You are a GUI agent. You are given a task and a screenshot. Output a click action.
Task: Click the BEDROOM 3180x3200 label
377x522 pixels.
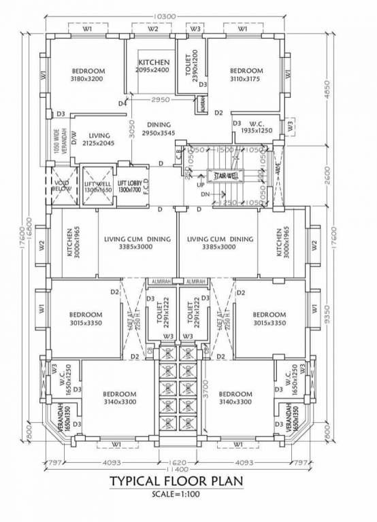tap(88, 74)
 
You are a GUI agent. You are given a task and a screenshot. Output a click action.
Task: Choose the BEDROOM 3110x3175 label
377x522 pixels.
tap(246, 74)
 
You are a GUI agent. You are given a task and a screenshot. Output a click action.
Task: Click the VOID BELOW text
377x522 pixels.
tap(62, 186)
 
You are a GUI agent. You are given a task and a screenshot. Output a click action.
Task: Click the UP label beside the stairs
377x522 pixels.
tap(200, 185)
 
